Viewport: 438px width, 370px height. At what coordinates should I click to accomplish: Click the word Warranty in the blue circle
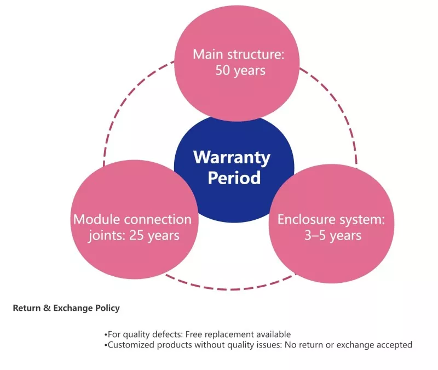pos(232,158)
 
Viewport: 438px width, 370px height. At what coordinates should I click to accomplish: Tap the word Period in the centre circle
pos(234,178)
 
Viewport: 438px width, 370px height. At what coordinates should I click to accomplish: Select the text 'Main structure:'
pos(238,54)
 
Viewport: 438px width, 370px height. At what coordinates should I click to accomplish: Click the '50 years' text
pos(240,70)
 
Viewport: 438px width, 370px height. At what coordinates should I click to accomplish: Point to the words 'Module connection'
pos(132,219)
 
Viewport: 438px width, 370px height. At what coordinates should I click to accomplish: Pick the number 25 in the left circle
pos(136,236)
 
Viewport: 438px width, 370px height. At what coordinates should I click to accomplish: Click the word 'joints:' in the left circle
pos(107,236)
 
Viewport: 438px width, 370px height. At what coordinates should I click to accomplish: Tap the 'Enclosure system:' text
pos(331,220)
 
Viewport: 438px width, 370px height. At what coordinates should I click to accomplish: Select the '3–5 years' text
pos(333,236)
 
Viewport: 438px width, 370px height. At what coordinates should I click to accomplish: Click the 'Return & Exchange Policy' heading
pos(66,308)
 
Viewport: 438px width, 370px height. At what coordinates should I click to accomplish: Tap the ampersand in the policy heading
pos(47,308)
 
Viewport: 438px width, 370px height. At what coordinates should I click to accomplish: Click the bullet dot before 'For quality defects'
pos(106,335)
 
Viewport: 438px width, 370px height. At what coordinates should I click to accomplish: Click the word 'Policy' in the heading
pos(107,308)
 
